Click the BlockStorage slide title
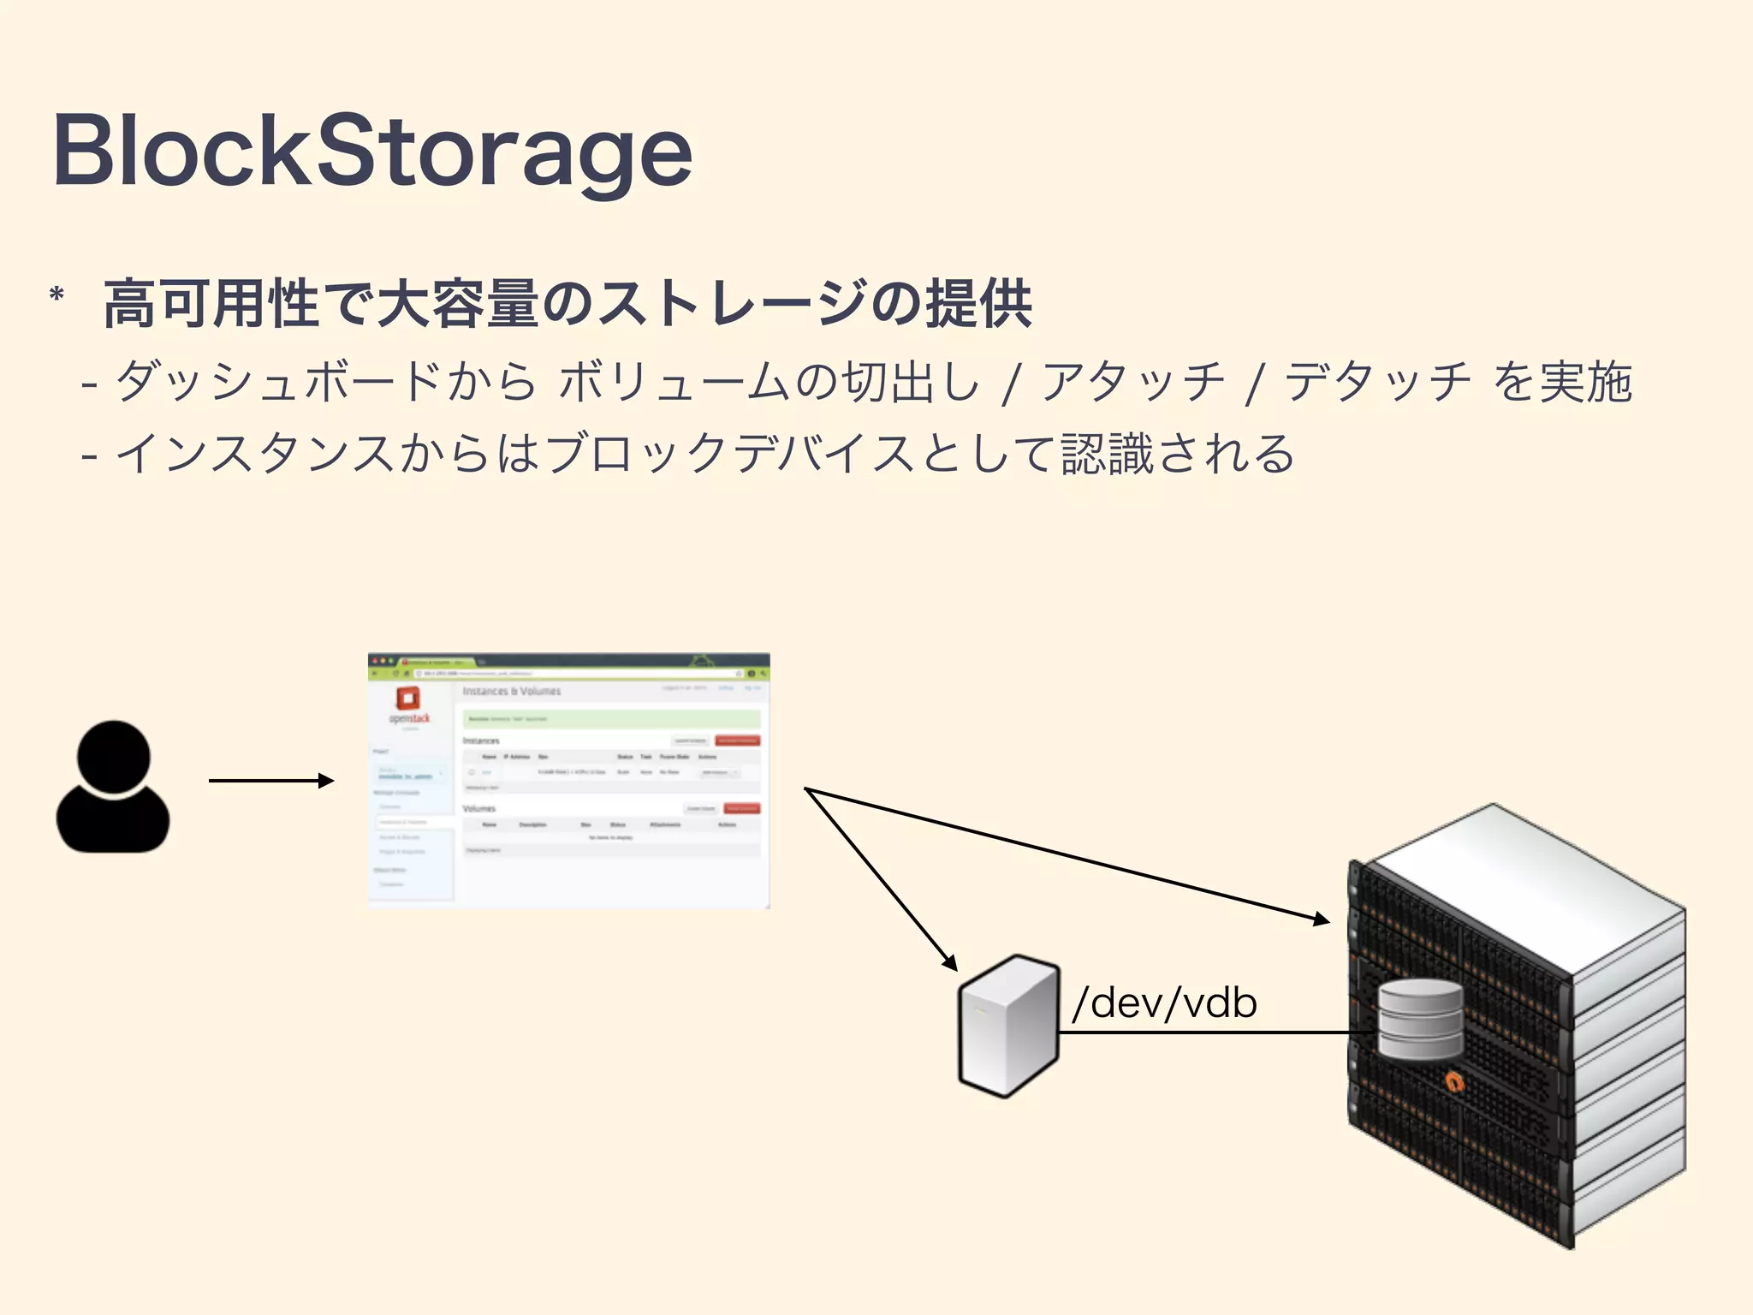click(x=372, y=152)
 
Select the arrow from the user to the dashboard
click(x=270, y=781)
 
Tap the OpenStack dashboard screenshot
click(x=568, y=780)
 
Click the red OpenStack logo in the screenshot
click(x=408, y=699)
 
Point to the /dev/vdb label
click(x=1164, y=1003)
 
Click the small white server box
click(x=1008, y=1026)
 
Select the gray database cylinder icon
click(x=1421, y=1020)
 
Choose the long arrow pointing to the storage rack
click(x=1070, y=855)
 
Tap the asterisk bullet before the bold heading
click(x=57, y=296)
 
